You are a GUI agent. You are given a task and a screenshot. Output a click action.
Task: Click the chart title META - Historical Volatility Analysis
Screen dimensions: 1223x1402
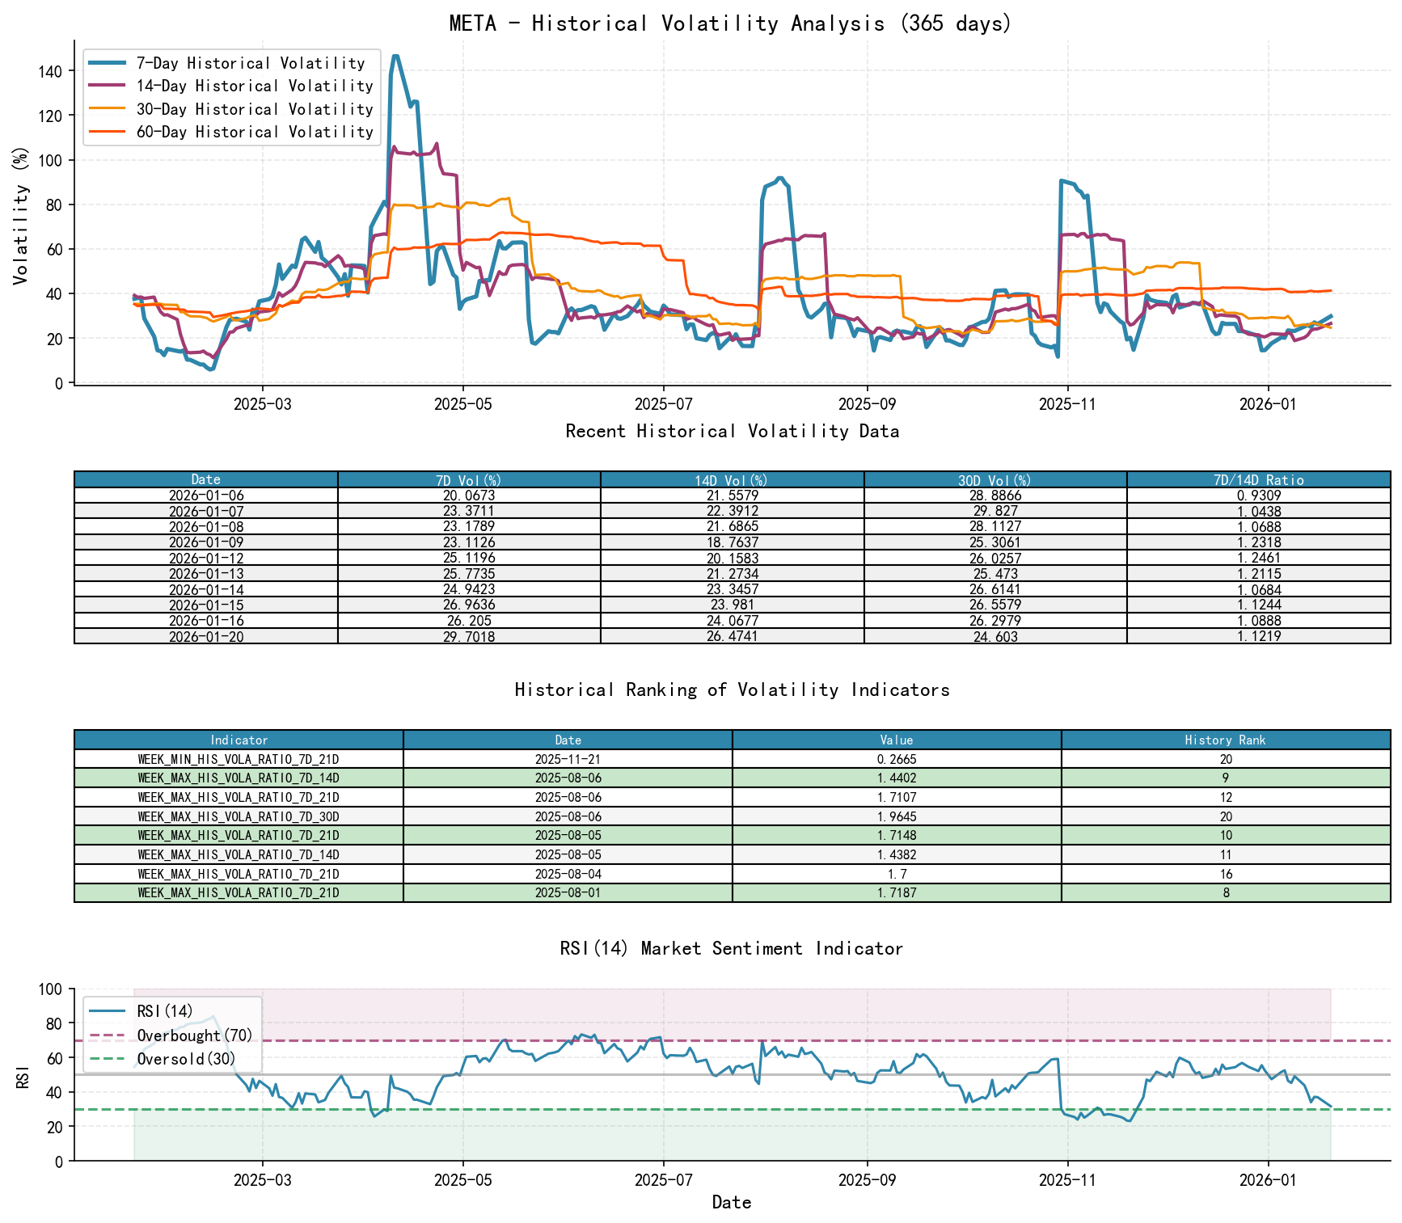(x=730, y=23)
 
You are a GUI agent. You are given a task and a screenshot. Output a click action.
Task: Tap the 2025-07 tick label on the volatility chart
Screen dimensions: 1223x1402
(x=663, y=403)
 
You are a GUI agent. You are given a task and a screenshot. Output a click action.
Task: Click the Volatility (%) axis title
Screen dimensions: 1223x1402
(x=21, y=215)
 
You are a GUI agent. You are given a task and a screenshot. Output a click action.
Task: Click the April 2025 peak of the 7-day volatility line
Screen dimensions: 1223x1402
(x=395, y=57)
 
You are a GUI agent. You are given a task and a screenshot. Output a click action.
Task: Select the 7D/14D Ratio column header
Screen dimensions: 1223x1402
(x=1258, y=479)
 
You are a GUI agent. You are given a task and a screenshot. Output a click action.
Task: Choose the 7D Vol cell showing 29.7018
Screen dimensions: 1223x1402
(x=469, y=637)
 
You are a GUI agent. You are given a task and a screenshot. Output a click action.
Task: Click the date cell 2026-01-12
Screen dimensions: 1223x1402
(x=206, y=559)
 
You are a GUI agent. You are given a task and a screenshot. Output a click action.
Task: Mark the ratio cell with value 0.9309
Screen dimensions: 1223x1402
(x=1258, y=496)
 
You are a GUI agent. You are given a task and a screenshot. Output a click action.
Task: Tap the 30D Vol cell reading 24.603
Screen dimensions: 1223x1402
(x=995, y=637)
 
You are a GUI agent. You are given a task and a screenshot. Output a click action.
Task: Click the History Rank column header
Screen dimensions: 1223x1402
(x=1225, y=740)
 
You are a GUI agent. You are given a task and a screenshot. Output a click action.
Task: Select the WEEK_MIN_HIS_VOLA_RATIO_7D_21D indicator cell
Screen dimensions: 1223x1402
(x=239, y=759)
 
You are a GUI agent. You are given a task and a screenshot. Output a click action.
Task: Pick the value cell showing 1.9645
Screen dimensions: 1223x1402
(x=897, y=816)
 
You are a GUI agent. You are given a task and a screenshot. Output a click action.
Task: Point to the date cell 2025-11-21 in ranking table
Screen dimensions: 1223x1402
(x=568, y=759)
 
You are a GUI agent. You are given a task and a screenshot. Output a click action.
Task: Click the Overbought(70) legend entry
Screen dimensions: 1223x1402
(x=194, y=1035)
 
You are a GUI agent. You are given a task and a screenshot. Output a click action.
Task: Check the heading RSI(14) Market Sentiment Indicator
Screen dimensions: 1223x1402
(x=731, y=948)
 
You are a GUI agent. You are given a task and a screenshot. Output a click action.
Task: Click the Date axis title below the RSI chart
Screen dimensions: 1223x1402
(x=731, y=1202)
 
